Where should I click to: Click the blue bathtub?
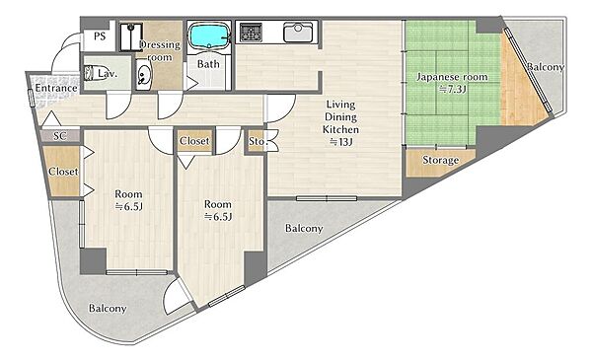point(209,36)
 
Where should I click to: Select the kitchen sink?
point(298,33)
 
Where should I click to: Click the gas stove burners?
point(251,33)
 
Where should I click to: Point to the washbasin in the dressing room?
point(143,75)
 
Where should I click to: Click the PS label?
point(100,36)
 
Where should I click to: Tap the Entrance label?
point(56,89)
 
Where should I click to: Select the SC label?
point(60,136)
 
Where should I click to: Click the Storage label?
point(441,161)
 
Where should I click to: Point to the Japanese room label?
point(452,77)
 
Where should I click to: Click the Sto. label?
point(258,141)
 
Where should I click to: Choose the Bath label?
point(208,64)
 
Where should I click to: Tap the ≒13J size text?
point(341,142)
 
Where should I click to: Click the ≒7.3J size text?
point(452,90)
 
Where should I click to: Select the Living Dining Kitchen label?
point(341,116)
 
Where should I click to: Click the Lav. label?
point(108,74)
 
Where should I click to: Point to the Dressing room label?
point(160,51)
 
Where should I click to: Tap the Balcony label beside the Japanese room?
point(546,67)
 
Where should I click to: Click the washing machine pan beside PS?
point(131,36)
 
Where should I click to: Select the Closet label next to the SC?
point(63,172)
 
